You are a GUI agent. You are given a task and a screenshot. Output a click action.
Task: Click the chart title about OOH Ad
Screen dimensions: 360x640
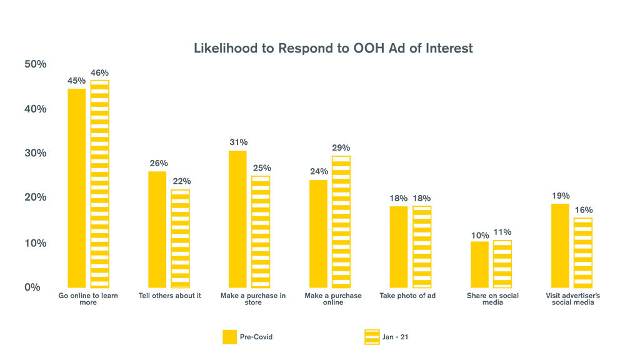tap(333, 48)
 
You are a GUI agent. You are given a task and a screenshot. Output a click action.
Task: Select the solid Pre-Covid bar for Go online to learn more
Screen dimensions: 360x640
tap(76, 187)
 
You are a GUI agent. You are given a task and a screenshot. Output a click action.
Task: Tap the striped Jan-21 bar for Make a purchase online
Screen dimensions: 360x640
tap(341, 221)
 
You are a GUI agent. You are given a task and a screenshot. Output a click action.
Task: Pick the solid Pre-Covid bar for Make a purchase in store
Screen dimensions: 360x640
tap(237, 219)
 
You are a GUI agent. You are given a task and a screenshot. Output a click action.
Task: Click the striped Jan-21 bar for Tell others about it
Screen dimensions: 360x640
tap(180, 238)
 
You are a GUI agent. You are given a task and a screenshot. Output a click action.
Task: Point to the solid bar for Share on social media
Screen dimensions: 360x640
tap(479, 264)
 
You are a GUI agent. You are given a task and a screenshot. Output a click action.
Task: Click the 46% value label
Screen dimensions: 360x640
tap(100, 73)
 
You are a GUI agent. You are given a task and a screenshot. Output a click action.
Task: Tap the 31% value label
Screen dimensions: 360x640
tap(238, 142)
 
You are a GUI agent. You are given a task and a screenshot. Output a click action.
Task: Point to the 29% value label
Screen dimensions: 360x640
tap(341, 148)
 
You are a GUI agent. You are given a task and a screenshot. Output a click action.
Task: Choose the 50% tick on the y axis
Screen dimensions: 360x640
tap(35, 64)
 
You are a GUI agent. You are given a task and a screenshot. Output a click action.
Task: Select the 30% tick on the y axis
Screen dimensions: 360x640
tap(35, 154)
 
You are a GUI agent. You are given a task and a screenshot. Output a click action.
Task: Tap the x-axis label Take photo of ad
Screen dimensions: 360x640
tap(407, 296)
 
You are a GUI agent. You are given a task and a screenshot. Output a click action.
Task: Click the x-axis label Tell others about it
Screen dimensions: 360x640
tap(170, 296)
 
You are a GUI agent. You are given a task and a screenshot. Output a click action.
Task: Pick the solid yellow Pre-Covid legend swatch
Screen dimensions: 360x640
tap(229, 337)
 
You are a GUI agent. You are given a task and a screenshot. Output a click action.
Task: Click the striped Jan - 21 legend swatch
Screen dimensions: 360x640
tap(372, 337)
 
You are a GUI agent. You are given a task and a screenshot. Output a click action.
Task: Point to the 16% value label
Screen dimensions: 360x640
tap(584, 210)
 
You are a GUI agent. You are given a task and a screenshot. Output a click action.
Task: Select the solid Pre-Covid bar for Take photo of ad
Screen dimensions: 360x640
tap(399, 247)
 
